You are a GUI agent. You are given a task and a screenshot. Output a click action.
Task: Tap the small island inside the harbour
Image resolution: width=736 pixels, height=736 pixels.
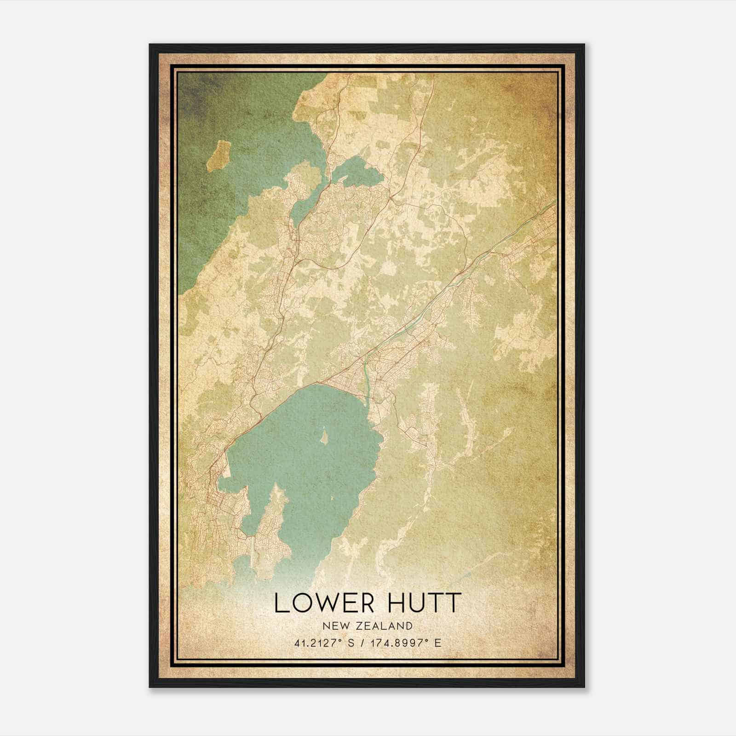pos(324,436)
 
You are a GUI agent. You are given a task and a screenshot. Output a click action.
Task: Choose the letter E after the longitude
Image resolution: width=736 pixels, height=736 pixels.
pos(438,643)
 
